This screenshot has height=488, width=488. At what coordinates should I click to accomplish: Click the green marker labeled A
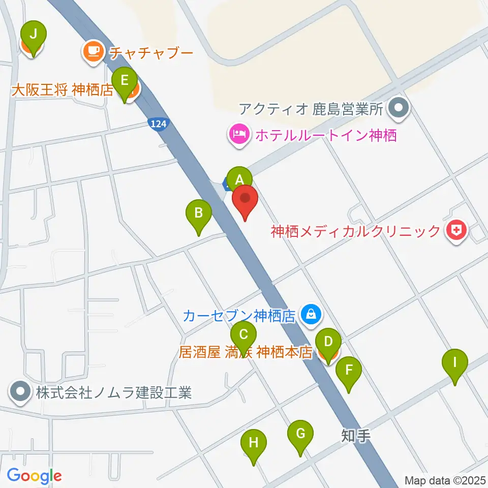pyautogui.click(x=239, y=179)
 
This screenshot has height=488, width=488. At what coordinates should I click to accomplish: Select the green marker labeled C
pyautogui.click(x=243, y=334)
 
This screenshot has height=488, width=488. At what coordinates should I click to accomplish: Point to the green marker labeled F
pyautogui.click(x=348, y=370)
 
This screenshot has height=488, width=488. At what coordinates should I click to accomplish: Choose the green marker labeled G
pyautogui.click(x=300, y=434)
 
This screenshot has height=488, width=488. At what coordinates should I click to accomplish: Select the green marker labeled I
pyautogui.click(x=455, y=362)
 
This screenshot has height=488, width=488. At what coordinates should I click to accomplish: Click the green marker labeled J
pyautogui.click(x=34, y=35)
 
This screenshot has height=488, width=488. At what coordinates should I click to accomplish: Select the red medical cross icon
pyautogui.click(x=456, y=231)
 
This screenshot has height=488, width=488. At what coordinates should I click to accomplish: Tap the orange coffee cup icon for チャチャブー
pyautogui.click(x=93, y=51)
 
